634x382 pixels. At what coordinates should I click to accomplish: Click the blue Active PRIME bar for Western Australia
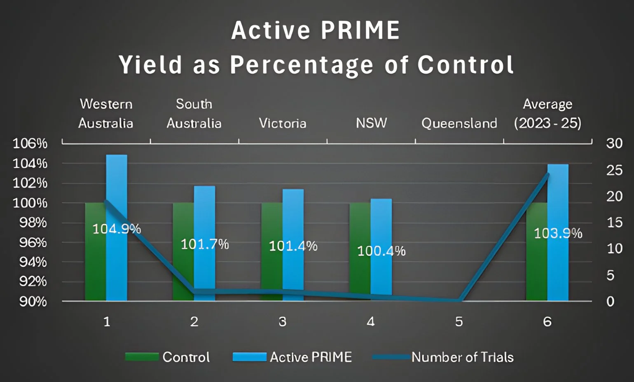(x=117, y=185)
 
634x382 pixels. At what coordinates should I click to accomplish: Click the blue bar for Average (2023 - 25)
(x=558, y=198)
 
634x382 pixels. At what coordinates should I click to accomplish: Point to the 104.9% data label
(x=117, y=229)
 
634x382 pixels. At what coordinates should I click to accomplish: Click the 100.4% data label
(x=381, y=251)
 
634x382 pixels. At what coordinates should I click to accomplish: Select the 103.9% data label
(x=558, y=234)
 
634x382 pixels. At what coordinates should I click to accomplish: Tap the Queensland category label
(x=459, y=123)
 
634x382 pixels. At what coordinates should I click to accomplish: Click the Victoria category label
(x=283, y=123)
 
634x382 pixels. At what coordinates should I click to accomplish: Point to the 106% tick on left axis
(x=30, y=143)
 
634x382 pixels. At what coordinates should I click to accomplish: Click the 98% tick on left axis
(x=33, y=223)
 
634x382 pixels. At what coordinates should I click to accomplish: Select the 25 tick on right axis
(x=614, y=170)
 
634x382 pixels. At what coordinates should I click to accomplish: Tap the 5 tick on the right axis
(x=611, y=275)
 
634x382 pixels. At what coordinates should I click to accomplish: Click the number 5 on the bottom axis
(x=459, y=321)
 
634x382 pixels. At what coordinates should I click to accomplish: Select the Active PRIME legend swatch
(x=249, y=357)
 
